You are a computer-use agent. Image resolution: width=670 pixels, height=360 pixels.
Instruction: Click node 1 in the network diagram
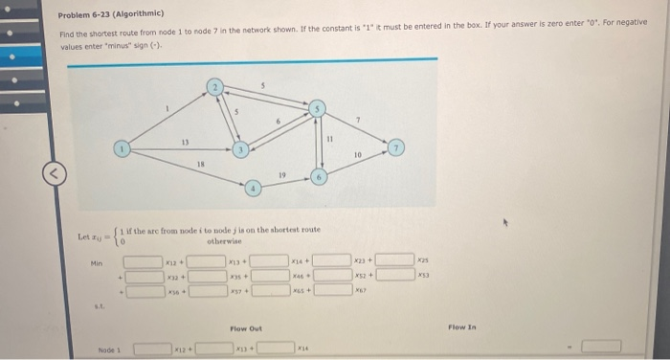click(x=121, y=149)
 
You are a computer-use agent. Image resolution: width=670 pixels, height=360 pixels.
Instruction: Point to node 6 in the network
click(x=320, y=176)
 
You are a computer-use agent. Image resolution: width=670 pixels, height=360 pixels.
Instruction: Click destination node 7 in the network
click(x=397, y=149)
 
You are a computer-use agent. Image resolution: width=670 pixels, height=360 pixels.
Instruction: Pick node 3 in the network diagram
click(x=243, y=149)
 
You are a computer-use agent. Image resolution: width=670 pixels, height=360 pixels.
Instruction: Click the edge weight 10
click(x=356, y=153)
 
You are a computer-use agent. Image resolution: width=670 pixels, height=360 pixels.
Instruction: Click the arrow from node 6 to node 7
click(x=359, y=163)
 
